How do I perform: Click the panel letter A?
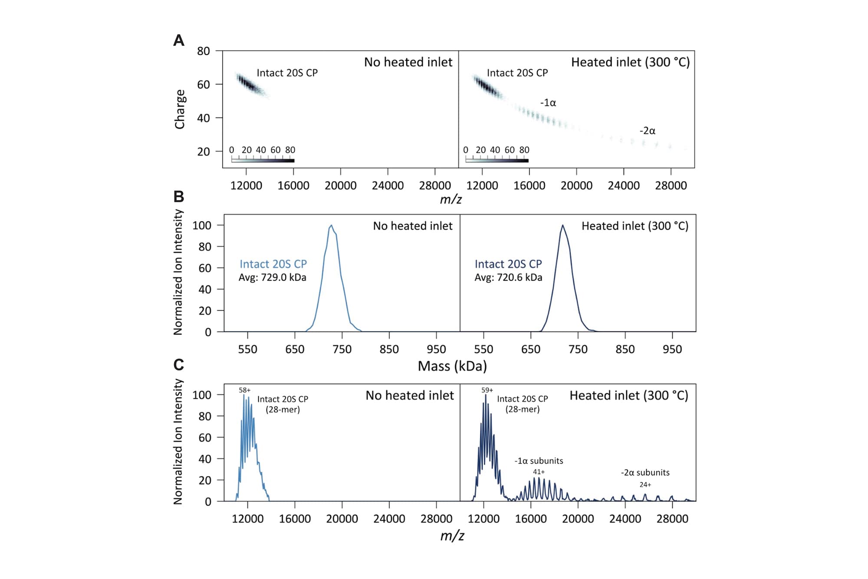click(x=178, y=40)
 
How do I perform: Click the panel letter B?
click(x=178, y=196)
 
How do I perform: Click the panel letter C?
click(x=178, y=364)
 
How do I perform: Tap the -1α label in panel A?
click(x=548, y=103)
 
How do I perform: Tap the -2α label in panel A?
click(x=647, y=131)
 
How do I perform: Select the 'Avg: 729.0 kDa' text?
click(x=272, y=278)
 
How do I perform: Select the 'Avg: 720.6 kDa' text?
click(x=508, y=278)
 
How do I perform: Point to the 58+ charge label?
click(x=244, y=390)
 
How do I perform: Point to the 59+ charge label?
click(x=487, y=390)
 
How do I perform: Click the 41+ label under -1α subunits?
click(x=539, y=472)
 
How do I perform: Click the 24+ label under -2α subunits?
click(x=645, y=485)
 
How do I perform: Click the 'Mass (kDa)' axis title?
click(x=452, y=366)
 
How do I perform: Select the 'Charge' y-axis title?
click(x=180, y=109)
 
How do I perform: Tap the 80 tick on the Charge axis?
click(x=203, y=51)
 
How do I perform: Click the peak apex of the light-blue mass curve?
click(x=332, y=225)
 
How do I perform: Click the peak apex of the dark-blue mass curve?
click(x=563, y=225)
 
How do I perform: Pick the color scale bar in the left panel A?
click(x=263, y=161)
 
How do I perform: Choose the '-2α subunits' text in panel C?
click(x=645, y=473)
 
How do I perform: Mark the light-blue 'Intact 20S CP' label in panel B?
click(x=273, y=264)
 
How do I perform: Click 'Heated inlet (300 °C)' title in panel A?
click(x=630, y=62)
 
